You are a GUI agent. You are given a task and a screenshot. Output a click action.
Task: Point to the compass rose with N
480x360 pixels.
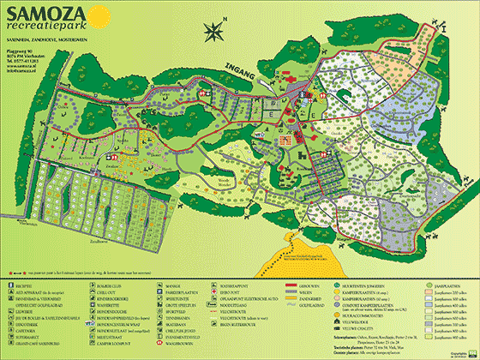click(x=213, y=32)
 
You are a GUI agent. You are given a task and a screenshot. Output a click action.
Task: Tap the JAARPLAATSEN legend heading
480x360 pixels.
click(x=451, y=284)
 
